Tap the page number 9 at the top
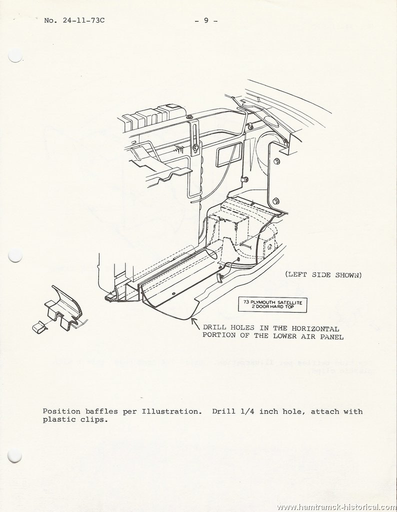pyautogui.click(x=206, y=20)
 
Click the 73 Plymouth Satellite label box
pyautogui.click(x=272, y=304)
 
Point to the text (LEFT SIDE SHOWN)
pyautogui.click(x=323, y=274)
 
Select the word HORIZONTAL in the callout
pyautogui.click(x=315, y=328)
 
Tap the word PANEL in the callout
pyautogui.click(x=331, y=336)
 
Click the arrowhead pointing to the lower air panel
pyautogui.click(x=193, y=321)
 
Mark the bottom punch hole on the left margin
pyautogui.click(x=14, y=455)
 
